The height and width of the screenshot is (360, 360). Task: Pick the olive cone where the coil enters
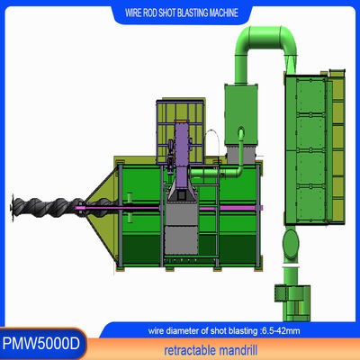click(101, 202)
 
